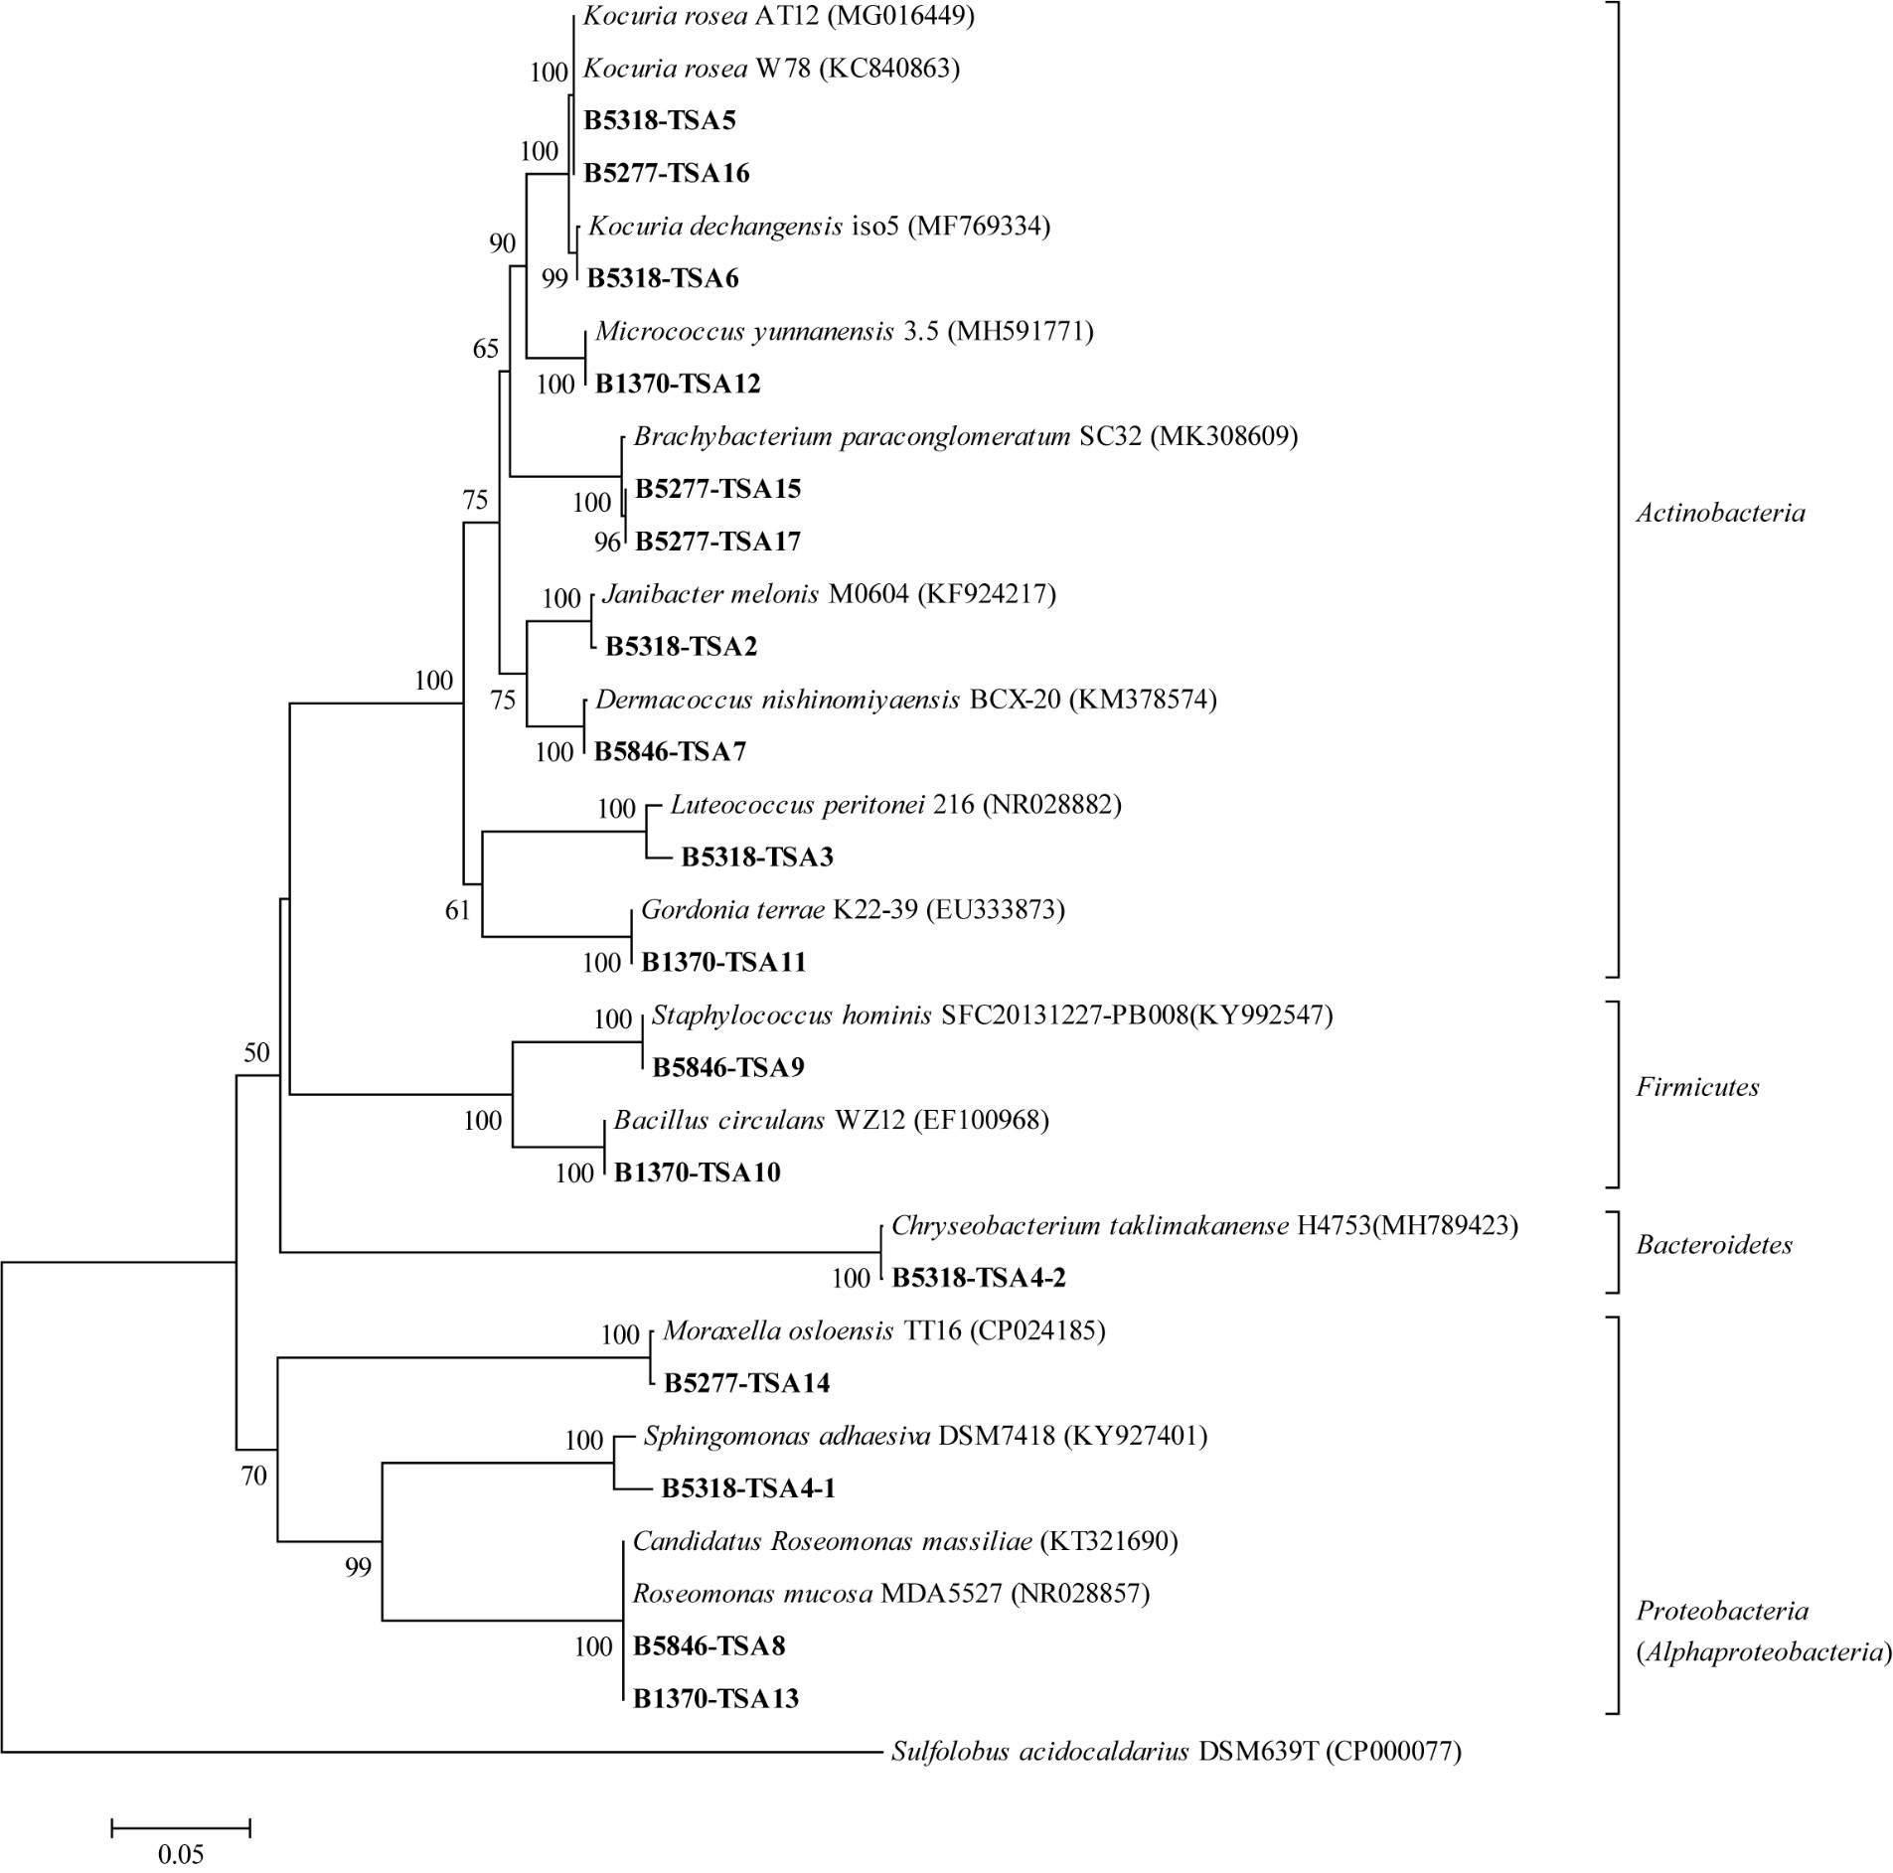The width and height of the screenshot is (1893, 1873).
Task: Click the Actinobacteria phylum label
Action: [1720, 513]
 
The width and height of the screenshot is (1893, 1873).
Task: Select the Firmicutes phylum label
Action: [1697, 1087]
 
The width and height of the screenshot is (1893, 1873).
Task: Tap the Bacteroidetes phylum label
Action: [1714, 1245]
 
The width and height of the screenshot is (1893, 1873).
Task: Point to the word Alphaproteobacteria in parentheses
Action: [1763, 1651]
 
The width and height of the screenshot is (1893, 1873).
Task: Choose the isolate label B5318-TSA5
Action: [660, 121]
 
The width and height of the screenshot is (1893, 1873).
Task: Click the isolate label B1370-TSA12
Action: [678, 384]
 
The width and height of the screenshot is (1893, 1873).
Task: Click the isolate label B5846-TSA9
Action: [728, 1067]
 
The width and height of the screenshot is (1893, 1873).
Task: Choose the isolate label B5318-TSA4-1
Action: [748, 1487]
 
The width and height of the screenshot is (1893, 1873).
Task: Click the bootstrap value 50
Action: [256, 1052]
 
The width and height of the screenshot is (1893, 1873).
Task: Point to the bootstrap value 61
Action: [457, 910]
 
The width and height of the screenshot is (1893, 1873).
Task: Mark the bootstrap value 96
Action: [607, 543]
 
